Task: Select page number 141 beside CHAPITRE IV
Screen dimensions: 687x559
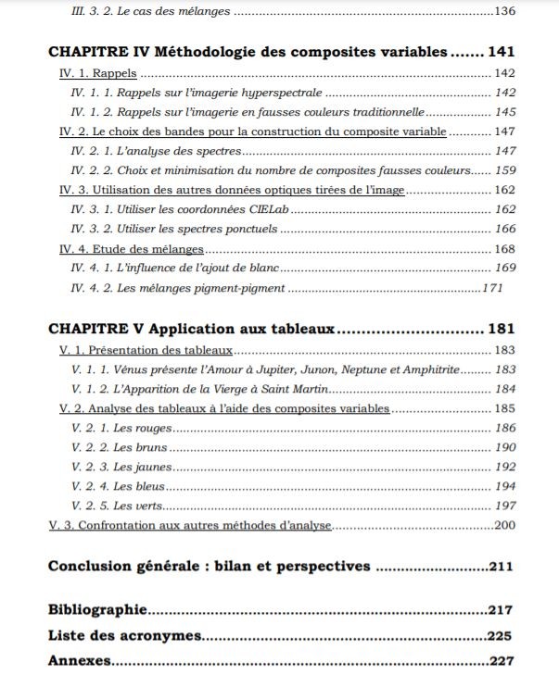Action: click(499, 52)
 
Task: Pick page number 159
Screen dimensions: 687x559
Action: click(505, 170)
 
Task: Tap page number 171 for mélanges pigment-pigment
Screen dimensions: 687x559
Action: click(491, 288)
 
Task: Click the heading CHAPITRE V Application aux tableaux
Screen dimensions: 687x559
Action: click(191, 330)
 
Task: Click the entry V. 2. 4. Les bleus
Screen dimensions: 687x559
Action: click(120, 486)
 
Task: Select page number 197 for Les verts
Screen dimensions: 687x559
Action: click(505, 506)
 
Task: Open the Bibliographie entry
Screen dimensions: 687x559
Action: click(97, 610)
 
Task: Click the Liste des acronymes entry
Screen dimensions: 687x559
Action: click(125, 636)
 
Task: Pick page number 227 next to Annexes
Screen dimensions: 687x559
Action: click(500, 661)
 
